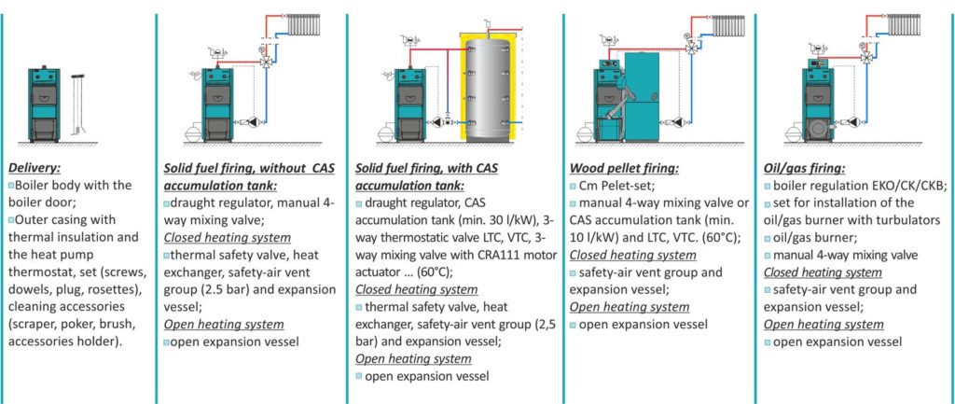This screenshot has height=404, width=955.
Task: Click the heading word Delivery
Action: [x=35, y=168]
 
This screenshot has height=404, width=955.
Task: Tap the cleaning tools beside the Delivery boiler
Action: [x=77, y=104]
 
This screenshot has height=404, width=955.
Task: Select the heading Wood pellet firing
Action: [x=624, y=168]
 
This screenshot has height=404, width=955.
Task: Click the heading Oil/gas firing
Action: [x=804, y=168]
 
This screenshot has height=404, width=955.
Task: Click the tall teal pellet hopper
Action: [x=642, y=97]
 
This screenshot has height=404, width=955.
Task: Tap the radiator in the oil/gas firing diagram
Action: [x=904, y=25]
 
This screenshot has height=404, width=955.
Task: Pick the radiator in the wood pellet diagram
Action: [x=727, y=25]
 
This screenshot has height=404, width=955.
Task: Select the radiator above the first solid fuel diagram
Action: [x=304, y=25]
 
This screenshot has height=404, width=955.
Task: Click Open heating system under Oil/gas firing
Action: [x=824, y=325]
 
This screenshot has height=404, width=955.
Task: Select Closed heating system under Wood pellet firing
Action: [x=633, y=255]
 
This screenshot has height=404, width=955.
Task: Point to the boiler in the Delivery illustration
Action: [x=44, y=104]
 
